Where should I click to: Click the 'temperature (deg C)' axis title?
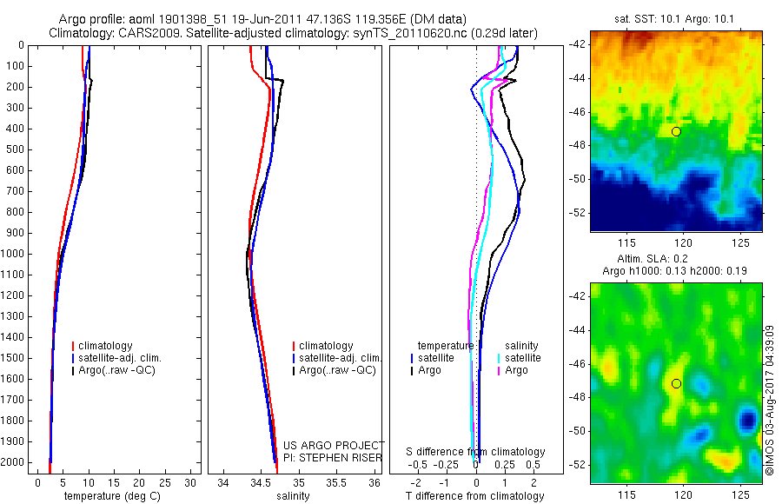[x=110, y=497]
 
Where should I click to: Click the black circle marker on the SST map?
[x=676, y=131]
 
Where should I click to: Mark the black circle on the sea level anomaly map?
[x=676, y=383]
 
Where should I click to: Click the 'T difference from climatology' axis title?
[x=474, y=497]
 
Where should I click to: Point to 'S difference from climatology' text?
[x=475, y=453]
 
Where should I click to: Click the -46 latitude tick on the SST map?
[x=578, y=112]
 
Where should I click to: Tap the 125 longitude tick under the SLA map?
[x=740, y=495]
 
